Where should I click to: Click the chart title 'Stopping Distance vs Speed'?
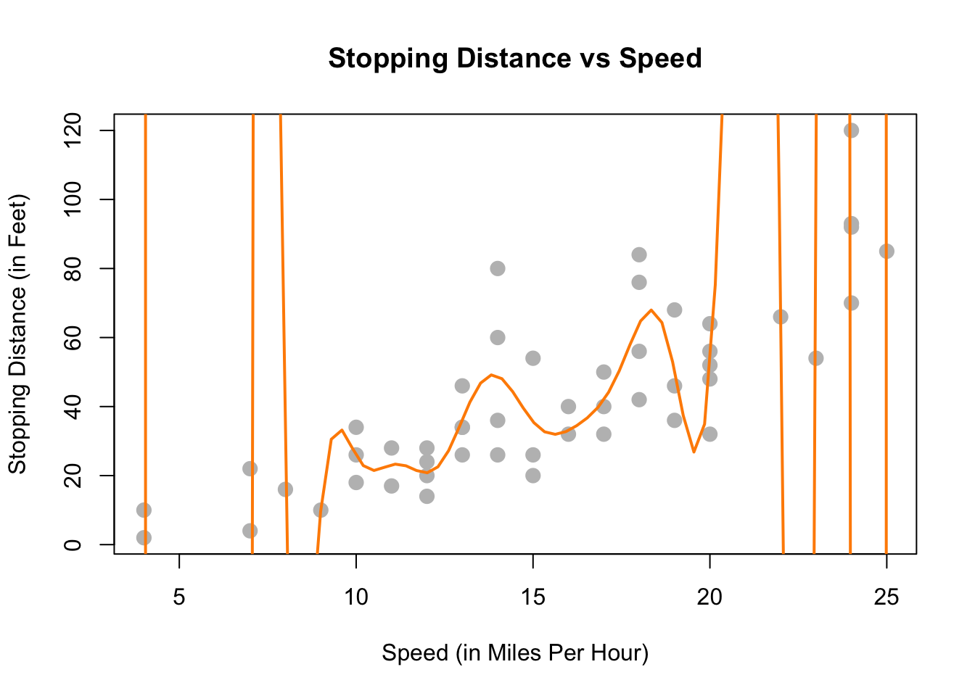(x=515, y=58)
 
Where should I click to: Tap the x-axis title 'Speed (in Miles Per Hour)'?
(x=515, y=653)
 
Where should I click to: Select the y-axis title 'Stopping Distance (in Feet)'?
(x=17, y=333)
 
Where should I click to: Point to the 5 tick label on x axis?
(x=179, y=597)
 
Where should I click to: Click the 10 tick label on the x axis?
(x=356, y=597)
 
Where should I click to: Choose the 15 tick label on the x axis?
(x=533, y=597)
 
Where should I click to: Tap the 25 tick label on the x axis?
(x=886, y=597)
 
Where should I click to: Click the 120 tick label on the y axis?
(x=73, y=130)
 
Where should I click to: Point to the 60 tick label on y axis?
(x=73, y=338)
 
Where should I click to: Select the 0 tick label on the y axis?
(x=73, y=544)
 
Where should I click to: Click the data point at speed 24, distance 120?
(x=851, y=130)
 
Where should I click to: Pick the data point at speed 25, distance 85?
(x=886, y=252)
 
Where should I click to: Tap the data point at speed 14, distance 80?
(x=498, y=268)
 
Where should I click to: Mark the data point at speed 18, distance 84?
(x=639, y=254)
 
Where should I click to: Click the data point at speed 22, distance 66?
(x=781, y=317)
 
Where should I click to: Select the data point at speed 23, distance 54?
(x=815, y=358)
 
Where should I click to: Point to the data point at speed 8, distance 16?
(x=285, y=489)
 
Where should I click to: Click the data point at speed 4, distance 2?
(x=144, y=538)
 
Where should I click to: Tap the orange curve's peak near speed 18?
(x=651, y=310)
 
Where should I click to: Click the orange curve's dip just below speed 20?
(x=694, y=452)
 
